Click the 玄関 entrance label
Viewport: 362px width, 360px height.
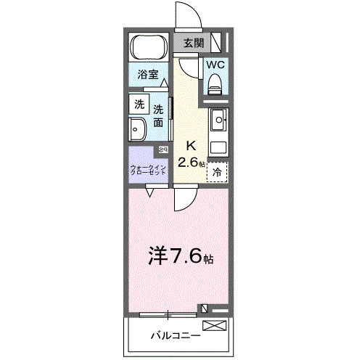[192, 43]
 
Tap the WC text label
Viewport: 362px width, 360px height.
[215, 65]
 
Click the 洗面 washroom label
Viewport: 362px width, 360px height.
[158, 116]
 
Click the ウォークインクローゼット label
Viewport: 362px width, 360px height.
[149, 171]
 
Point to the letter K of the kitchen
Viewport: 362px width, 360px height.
[190, 144]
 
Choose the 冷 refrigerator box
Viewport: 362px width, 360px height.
[218, 173]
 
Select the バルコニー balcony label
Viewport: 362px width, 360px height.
[176, 336]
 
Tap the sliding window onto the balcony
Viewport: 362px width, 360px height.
[168, 314]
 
